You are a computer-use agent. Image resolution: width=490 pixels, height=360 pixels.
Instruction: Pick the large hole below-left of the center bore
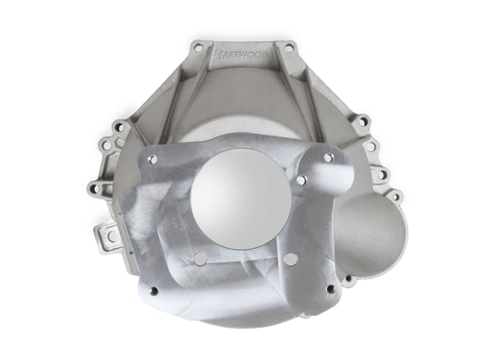[x=199, y=259]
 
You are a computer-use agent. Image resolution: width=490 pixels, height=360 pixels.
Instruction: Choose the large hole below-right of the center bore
[x=290, y=259]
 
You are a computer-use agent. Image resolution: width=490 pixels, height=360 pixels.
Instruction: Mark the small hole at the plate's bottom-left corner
[x=153, y=292]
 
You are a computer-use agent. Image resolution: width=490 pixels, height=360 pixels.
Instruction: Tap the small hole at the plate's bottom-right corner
[x=329, y=289]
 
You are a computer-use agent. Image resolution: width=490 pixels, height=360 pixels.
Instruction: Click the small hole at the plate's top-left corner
[x=155, y=160]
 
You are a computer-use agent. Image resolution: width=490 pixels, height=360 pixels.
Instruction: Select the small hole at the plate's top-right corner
[x=328, y=157]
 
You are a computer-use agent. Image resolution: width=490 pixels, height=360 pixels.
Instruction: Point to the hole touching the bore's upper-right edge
[x=301, y=179]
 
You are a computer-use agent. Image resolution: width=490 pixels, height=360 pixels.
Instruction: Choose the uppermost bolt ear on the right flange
[x=362, y=122]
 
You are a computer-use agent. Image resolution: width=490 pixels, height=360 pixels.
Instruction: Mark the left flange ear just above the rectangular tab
[x=95, y=188]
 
